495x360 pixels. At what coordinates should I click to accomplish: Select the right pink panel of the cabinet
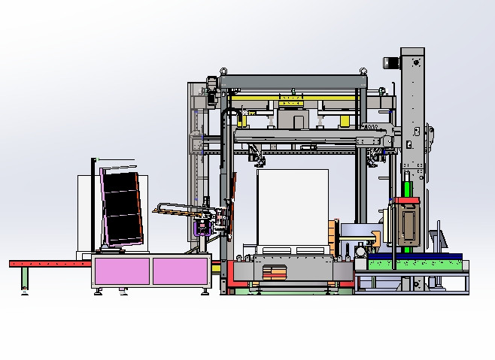coord(181,271)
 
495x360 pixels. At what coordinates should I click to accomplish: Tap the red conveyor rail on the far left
coord(45,263)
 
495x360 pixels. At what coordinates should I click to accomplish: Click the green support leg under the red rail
coord(24,278)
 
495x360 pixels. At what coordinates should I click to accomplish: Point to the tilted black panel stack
coord(122,207)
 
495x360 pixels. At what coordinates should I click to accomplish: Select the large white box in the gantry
coord(292,207)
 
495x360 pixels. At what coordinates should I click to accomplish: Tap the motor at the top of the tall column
coord(392,63)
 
